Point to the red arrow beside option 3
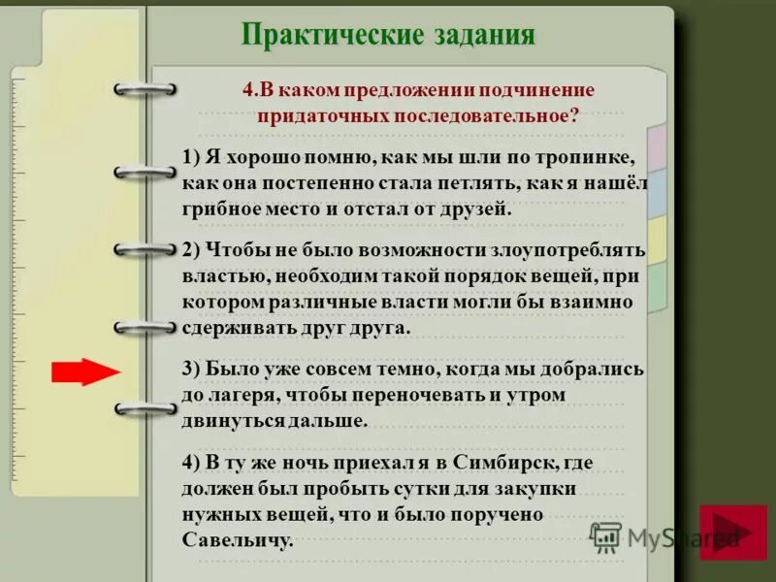(83, 372)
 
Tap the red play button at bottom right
(732, 533)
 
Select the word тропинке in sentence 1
(587, 158)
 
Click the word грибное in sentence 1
(219, 208)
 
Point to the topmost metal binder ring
(145, 89)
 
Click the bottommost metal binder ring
(145, 409)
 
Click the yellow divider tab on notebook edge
(657, 239)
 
